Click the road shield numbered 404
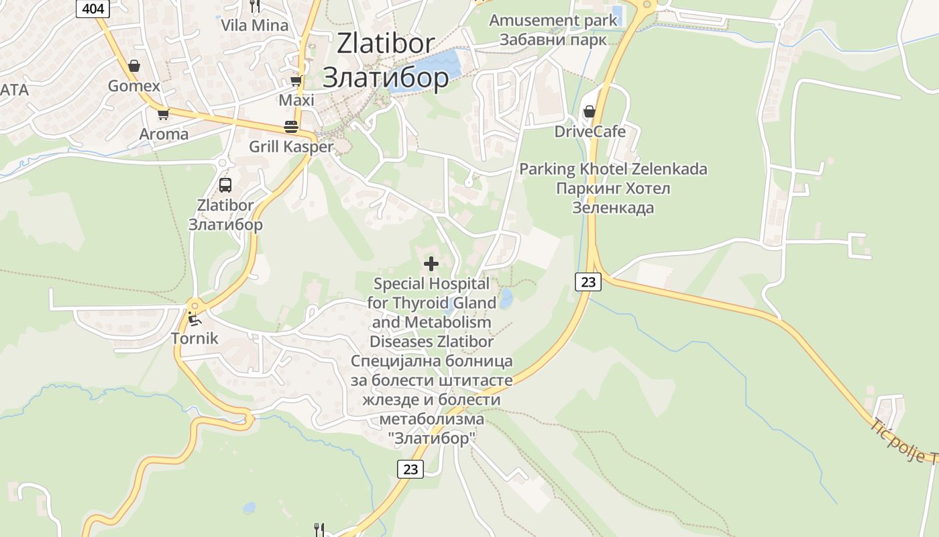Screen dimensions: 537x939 (93, 9)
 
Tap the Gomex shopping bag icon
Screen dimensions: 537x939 (134, 66)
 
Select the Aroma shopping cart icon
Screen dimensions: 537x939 (163, 113)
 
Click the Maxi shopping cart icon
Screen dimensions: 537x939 (296, 81)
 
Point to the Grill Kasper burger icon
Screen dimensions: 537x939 (291, 127)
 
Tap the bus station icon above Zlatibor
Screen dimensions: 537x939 (225, 185)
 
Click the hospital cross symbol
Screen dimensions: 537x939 (431, 264)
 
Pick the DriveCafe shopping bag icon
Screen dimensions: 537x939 (590, 111)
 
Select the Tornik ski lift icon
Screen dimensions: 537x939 (194, 318)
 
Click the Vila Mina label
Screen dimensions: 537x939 (255, 26)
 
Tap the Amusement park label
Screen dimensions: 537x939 (553, 20)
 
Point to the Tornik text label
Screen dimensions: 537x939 (195, 338)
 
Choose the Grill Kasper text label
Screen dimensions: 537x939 (291, 146)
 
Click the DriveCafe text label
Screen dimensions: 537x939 (590, 131)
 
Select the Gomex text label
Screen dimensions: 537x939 (134, 86)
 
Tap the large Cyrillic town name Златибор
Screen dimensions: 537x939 (386, 77)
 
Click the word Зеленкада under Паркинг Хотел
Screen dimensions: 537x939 (613, 207)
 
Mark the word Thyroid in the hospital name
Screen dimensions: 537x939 (434, 303)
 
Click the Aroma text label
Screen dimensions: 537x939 (164, 134)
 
